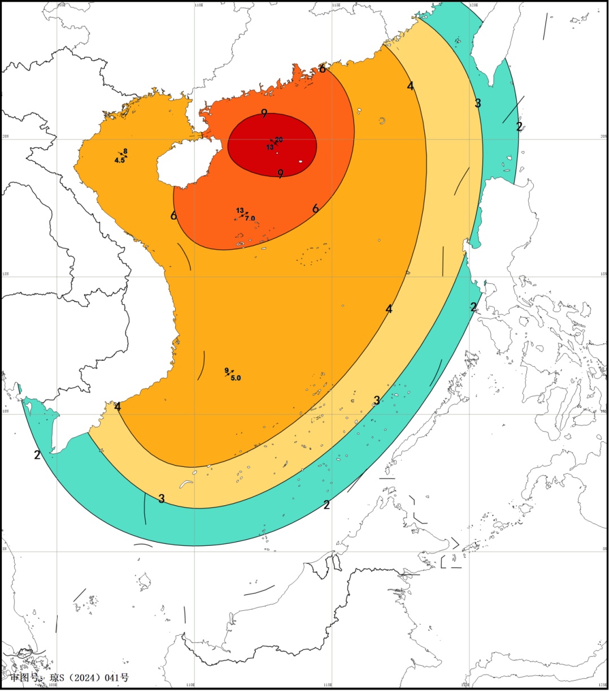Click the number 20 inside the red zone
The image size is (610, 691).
(x=279, y=139)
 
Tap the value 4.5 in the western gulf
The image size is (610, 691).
(x=119, y=160)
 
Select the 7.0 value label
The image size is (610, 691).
(x=250, y=218)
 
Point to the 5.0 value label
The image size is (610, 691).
(x=236, y=378)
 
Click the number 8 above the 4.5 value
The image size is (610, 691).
(x=125, y=151)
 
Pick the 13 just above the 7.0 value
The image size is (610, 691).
(x=240, y=211)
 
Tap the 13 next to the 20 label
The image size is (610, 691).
(x=270, y=147)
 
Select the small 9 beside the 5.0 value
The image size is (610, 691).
(x=226, y=370)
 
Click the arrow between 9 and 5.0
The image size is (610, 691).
(x=230, y=373)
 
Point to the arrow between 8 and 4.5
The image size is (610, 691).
(x=123, y=155)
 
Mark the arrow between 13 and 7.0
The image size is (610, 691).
(x=244, y=215)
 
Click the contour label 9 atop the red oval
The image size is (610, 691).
(x=264, y=113)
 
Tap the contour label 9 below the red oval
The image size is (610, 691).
(x=280, y=174)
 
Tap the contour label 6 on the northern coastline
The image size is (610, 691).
(x=322, y=69)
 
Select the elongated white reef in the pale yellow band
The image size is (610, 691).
(x=186, y=484)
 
